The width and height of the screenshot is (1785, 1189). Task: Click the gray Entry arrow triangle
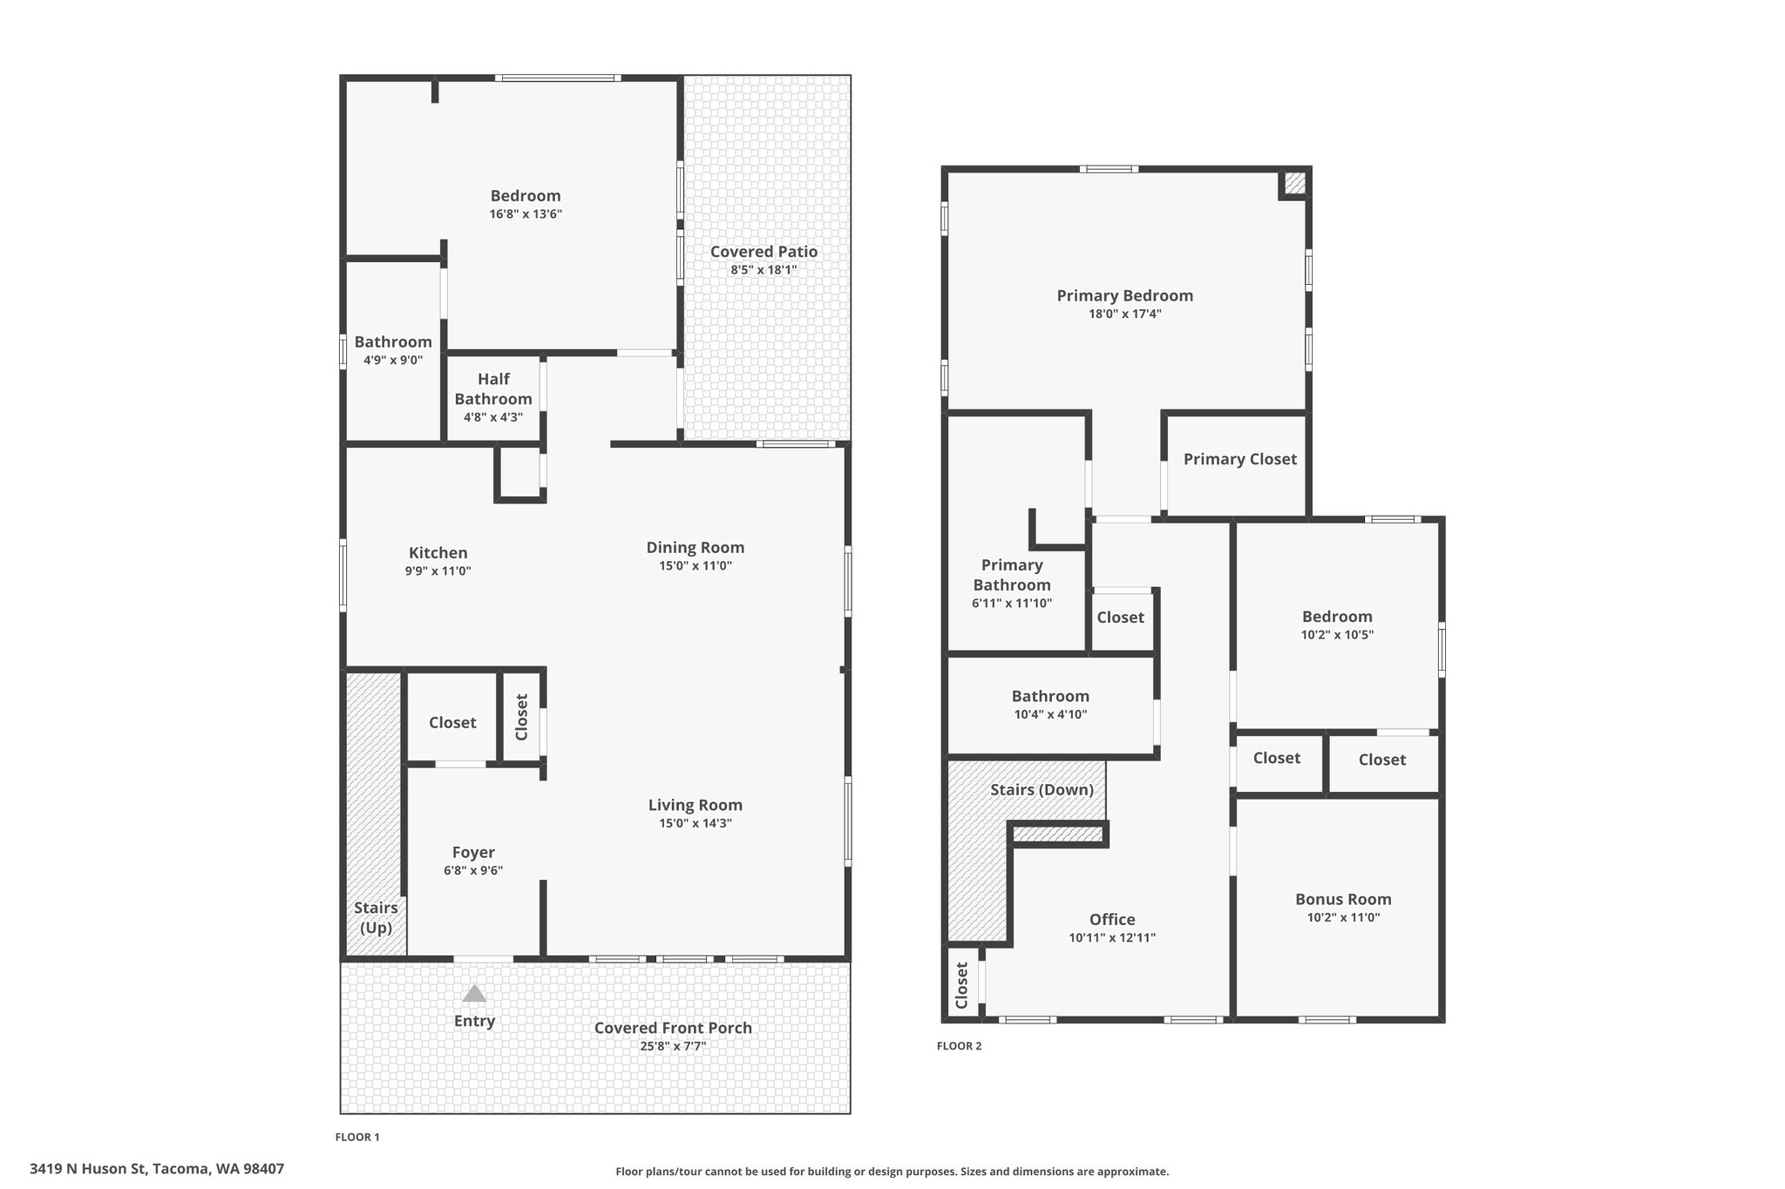474,994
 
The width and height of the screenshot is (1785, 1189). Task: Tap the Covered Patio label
764,252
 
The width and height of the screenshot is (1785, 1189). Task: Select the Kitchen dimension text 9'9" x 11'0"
438,571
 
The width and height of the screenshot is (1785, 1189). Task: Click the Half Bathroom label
493,389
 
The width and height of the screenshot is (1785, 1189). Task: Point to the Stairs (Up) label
376,917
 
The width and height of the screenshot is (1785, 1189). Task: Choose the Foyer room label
473,852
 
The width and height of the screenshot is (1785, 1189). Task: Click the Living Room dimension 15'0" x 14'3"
695,823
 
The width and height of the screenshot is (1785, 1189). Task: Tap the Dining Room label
695,547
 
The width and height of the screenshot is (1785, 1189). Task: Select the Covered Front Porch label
673,1028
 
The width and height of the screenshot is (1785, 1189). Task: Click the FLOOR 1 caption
357,1137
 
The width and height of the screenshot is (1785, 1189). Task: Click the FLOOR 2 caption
959,1046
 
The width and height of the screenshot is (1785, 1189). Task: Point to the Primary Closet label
1239,459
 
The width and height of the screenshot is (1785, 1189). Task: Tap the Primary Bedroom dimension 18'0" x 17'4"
1124,314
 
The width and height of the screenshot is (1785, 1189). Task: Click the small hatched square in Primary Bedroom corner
1294,184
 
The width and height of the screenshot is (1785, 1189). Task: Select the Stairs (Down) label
1042,790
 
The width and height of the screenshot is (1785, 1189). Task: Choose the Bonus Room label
1342,899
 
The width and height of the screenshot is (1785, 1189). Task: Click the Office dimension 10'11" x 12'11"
1112,938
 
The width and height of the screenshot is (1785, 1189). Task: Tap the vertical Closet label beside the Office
961,985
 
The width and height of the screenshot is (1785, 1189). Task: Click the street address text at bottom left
157,1168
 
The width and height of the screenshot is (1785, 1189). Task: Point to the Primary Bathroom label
1011,575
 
